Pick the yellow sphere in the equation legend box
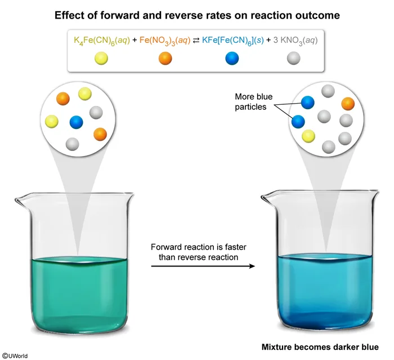(x=102, y=58)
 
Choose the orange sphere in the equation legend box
(x=165, y=58)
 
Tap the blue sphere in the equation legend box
(x=232, y=58)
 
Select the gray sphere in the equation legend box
(x=294, y=58)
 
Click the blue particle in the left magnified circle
(x=77, y=122)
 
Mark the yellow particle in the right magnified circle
(x=308, y=136)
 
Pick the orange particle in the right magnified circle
(x=347, y=104)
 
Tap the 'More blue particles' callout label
(x=253, y=102)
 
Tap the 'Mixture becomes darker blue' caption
(x=320, y=346)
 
